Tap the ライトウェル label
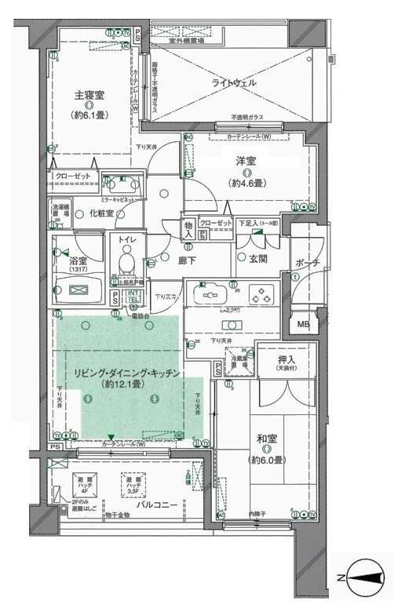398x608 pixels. point(234,82)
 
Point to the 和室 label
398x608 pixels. point(267,439)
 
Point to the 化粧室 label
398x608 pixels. point(101,213)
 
